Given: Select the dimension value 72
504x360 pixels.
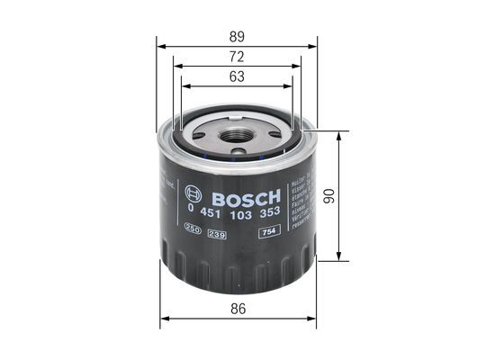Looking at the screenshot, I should pyautogui.click(x=237, y=56).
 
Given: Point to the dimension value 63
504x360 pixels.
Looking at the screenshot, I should pyautogui.click(x=237, y=76).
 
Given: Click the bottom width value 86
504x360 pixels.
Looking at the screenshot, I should pyautogui.click(x=238, y=309).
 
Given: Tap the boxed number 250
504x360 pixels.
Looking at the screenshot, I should pyautogui.click(x=192, y=233).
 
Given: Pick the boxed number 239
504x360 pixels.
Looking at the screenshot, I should pyautogui.click(x=216, y=233).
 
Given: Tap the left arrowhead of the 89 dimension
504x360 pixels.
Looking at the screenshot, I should pyautogui.click(x=159, y=46).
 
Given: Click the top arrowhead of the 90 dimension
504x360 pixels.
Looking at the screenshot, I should pyautogui.click(x=339, y=135).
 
